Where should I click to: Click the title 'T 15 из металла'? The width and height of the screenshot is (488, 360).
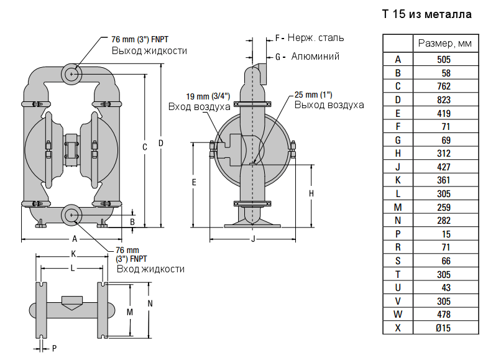pos(426,14)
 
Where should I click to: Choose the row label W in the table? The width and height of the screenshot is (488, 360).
pos(398,315)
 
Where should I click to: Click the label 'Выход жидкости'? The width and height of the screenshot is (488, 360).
pos(149,51)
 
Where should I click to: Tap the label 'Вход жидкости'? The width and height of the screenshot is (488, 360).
pos(150,269)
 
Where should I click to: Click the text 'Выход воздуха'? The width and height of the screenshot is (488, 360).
pos(329,104)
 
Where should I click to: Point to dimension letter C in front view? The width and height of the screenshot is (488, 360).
pos(145,147)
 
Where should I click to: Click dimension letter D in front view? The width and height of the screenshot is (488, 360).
pos(161,144)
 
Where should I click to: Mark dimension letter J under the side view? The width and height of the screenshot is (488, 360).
pos(252,239)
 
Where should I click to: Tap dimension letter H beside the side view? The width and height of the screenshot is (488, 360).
pos(311,193)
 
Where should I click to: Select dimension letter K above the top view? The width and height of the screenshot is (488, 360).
pos(73,254)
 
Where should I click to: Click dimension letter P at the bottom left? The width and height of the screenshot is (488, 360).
pos(54,348)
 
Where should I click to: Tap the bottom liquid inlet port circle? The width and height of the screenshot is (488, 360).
pos(71,216)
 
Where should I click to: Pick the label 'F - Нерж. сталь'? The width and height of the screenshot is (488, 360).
pos(308,38)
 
